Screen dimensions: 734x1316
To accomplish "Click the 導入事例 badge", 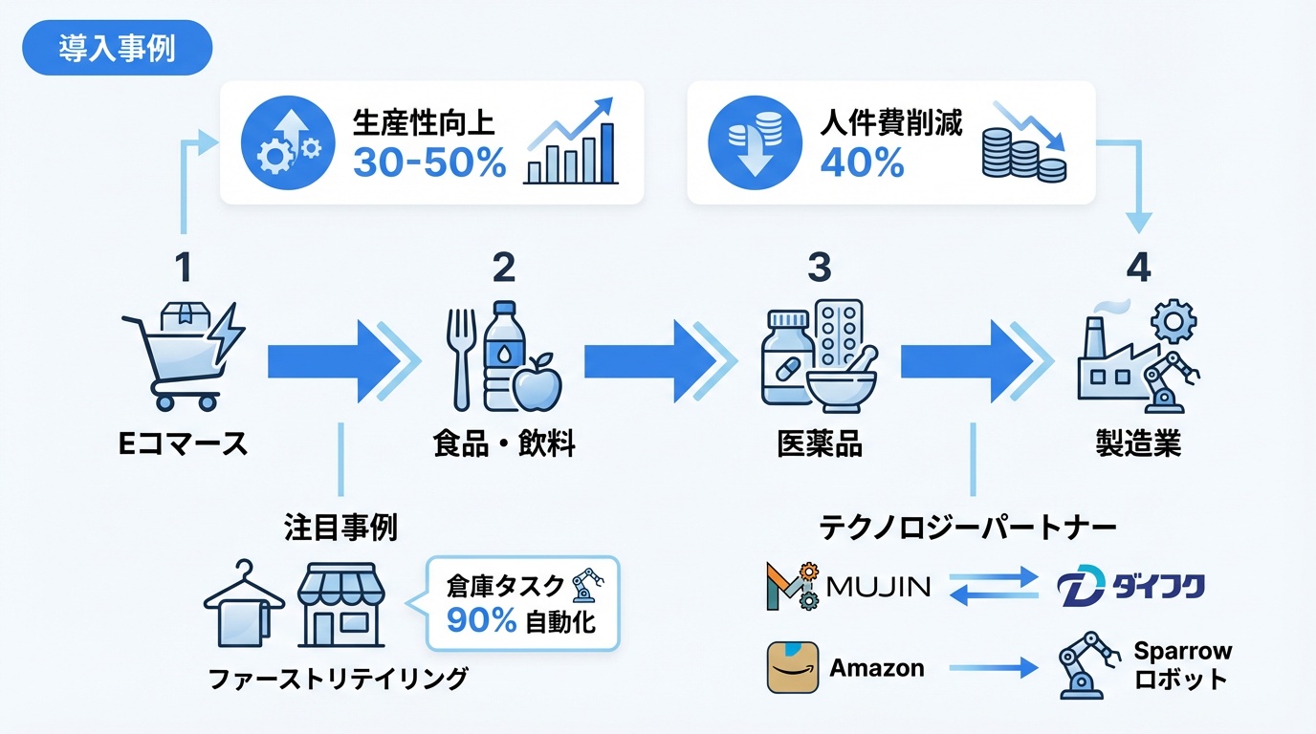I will coord(117,49).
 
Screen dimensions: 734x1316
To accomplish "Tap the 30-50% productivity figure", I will coord(429,163).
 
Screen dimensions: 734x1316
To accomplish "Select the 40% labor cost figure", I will coord(862,163).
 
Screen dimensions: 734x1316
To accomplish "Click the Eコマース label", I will coord(182,443).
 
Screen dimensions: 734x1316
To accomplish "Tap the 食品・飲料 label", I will coord(504,444).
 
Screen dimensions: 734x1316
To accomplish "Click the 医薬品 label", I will coord(820,444).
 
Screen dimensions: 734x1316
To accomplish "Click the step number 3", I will coord(819,269).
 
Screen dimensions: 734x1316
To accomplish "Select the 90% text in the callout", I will coord(481,621).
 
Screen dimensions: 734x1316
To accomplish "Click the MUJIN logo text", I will coord(877,586).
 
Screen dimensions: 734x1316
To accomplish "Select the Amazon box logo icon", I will coord(793,667).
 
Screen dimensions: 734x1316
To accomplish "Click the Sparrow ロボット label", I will coord(1182,665).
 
